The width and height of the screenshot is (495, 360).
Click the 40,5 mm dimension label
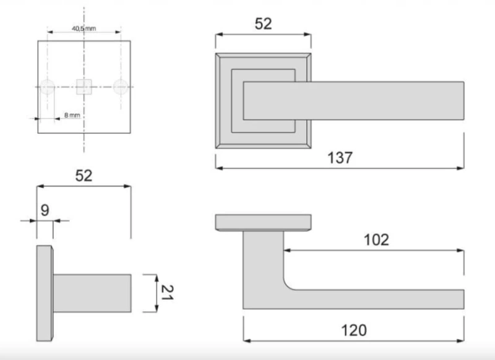pos(84,28)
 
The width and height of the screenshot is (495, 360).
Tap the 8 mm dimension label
pos(72,115)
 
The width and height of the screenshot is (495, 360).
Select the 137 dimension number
pos(340,158)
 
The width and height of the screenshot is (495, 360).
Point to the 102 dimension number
pos(376,240)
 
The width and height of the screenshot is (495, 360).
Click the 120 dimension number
pos(354,330)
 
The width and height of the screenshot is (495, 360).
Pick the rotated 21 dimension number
pos(167,293)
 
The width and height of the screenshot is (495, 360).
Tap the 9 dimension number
pos(45,210)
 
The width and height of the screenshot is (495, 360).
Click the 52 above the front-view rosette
pos(263,24)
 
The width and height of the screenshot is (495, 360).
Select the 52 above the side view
pos(84,176)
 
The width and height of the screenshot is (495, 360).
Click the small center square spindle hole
pos(84,87)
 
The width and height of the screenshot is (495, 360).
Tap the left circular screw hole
pos(48,87)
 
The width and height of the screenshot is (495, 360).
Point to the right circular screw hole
pos(121,87)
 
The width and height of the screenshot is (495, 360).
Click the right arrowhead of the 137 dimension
pos(460,168)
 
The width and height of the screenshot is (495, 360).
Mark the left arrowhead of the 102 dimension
pos(287,251)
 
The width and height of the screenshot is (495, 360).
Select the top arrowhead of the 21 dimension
pos(157,278)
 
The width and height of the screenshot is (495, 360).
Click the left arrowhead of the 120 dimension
pos(247,341)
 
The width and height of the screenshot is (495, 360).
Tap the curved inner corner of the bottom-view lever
pos(288,285)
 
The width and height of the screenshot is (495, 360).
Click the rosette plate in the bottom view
pos(264,223)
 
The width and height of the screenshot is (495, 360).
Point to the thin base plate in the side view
pos(45,293)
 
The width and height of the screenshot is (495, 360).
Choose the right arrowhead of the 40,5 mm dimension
pos(118,32)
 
